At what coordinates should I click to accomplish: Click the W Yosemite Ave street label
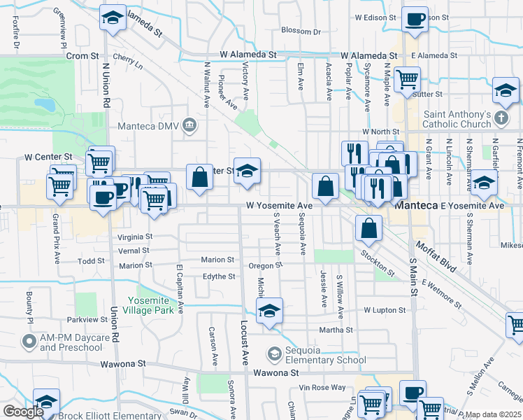point(279,206)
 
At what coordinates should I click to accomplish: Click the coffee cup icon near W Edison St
point(415,19)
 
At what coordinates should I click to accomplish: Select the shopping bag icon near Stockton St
point(368,227)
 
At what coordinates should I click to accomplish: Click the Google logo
point(23,412)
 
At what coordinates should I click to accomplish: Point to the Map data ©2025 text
point(494,414)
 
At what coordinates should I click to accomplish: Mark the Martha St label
point(336,330)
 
